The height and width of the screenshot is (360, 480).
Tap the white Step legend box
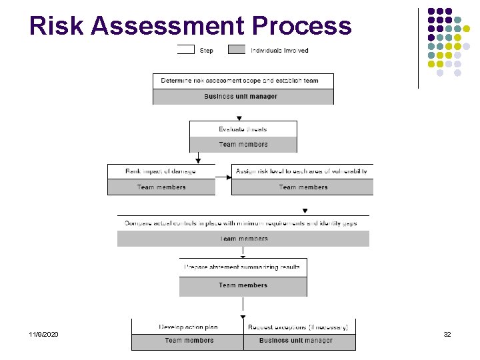tap(185, 49)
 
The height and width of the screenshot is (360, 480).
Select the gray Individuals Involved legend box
tap(237, 49)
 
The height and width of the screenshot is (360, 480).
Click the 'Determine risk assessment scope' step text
tap(240, 81)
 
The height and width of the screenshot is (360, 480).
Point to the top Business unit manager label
tap(241, 97)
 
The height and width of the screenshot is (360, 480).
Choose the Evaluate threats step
tap(243, 129)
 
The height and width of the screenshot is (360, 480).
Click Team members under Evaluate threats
tap(243, 145)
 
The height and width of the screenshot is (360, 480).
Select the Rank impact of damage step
tap(161, 171)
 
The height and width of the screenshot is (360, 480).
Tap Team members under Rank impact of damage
tap(161, 187)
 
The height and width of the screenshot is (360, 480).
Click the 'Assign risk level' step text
tap(301, 171)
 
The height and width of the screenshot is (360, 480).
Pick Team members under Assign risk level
tap(303, 187)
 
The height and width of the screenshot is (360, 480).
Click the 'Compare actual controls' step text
tap(241, 223)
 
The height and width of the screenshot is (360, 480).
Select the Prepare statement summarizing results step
tap(243, 267)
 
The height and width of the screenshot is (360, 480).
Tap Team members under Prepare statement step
tap(243, 285)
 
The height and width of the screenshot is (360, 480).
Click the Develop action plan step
tap(188, 327)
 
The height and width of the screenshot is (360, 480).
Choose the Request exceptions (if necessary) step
tap(297, 327)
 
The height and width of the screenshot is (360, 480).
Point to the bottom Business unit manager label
tap(296, 341)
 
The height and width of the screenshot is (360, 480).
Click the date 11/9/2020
tap(43, 333)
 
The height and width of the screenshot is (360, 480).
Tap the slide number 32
tap(447, 333)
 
